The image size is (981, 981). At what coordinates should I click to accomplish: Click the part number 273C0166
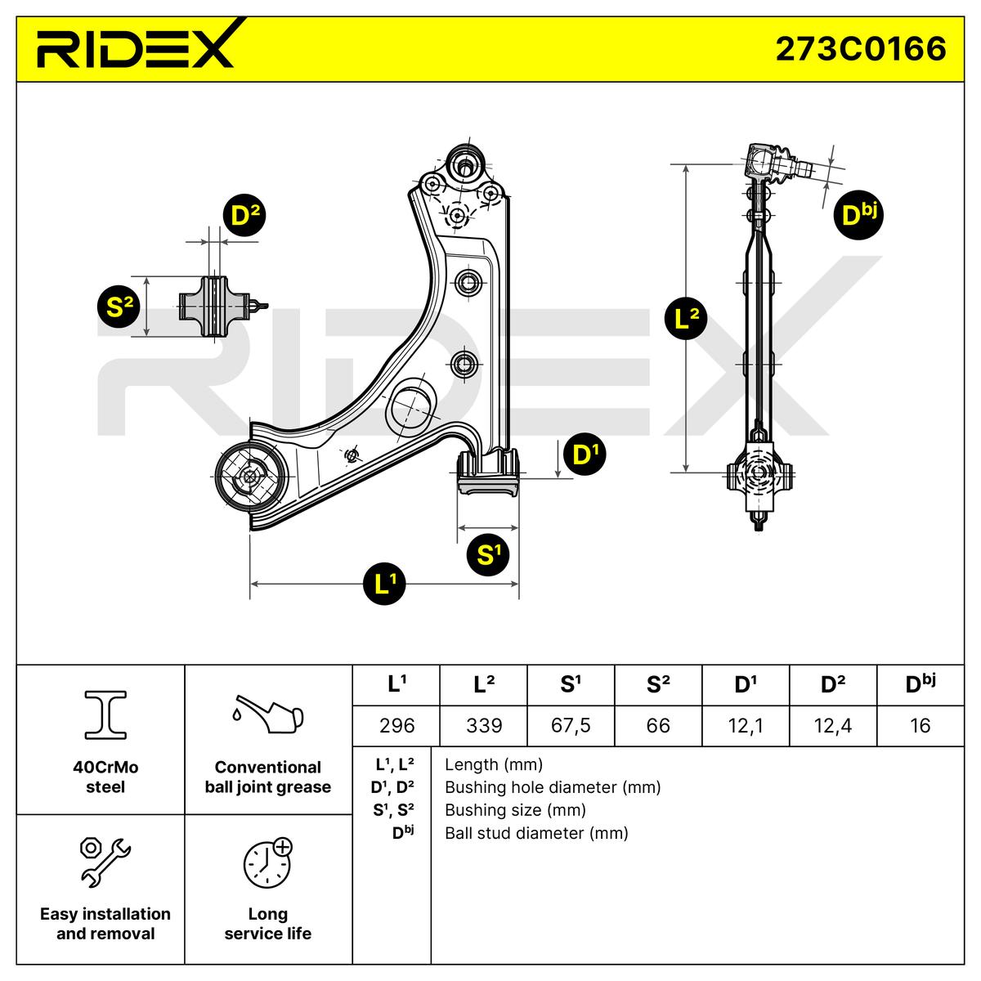(860, 49)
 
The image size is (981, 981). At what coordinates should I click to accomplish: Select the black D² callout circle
(244, 215)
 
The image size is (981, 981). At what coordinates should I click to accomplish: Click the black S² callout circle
(119, 307)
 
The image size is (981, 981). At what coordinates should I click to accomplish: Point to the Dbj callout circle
(858, 215)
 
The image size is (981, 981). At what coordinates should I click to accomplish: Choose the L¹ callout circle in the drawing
(384, 584)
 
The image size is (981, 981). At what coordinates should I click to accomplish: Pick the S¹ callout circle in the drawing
(488, 554)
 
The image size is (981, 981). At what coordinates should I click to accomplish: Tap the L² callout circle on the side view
(686, 319)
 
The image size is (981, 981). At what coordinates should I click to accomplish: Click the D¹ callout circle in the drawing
(585, 454)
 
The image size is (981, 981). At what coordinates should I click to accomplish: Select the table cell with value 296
(396, 725)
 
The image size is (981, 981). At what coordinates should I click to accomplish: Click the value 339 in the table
(484, 725)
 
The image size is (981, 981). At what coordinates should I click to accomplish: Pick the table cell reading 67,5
(571, 725)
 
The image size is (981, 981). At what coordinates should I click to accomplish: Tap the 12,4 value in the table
(833, 725)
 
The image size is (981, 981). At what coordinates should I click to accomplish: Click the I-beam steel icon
(105, 714)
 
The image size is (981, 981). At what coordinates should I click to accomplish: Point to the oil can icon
(267, 714)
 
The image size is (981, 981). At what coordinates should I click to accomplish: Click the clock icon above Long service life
(267, 862)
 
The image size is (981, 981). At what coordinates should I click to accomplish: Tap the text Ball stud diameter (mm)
(536, 833)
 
